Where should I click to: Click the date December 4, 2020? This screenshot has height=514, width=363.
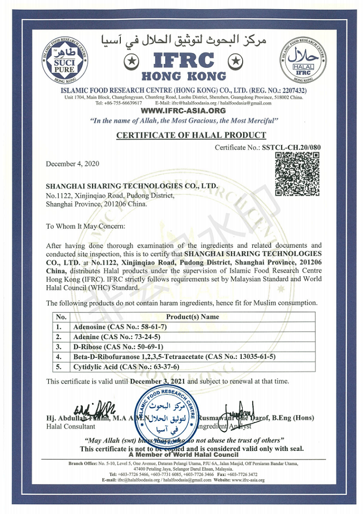(x=72, y=163)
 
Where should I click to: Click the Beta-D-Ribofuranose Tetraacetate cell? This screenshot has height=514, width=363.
(x=174, y=357)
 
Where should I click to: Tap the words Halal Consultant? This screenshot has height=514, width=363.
(x=71, y=426)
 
